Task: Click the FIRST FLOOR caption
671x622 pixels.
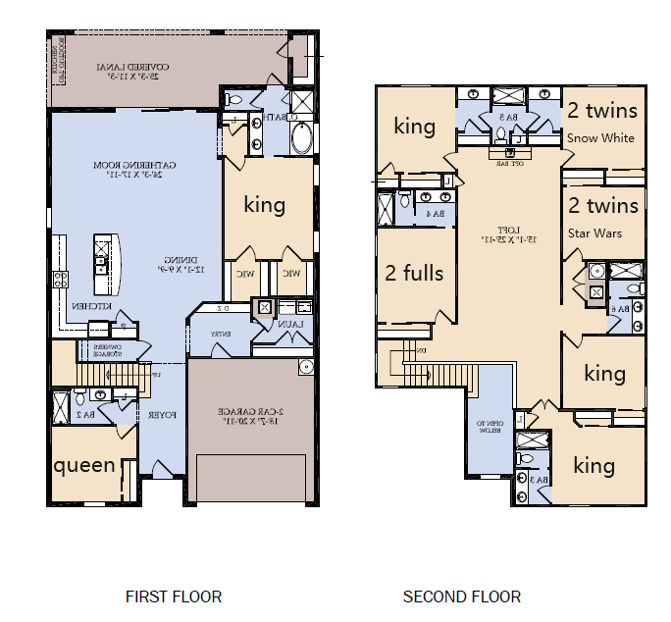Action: [174, 596]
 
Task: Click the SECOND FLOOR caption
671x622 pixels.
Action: [462, 596]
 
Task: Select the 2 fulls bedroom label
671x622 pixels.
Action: [414, 273]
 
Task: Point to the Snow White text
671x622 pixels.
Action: [600, 138]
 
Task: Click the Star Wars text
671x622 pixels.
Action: [594, 233]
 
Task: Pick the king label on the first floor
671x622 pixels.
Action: [264, 205]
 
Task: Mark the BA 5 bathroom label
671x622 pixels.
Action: [506, 118]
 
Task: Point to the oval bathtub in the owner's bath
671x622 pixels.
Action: [300, 138]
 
